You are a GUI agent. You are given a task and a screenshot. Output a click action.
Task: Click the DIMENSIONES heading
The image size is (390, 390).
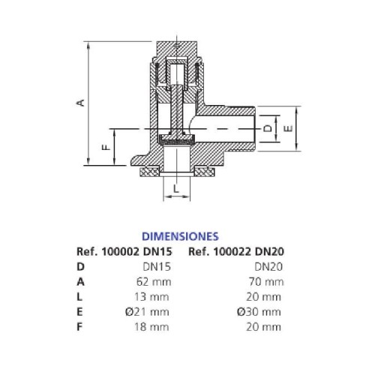180,236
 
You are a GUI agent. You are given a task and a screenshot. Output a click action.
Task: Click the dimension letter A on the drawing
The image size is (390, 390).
80,103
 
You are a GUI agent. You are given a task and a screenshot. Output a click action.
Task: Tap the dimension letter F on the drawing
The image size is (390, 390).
106,147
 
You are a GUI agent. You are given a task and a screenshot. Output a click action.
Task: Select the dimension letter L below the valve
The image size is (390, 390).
176,188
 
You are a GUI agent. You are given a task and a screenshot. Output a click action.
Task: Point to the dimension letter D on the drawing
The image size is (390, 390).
268,128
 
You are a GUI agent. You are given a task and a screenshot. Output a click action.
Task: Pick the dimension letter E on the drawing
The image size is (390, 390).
289,128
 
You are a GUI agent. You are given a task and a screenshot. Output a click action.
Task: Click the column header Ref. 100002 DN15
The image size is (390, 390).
124,251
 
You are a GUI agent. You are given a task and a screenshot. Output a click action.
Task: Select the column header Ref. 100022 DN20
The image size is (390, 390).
236,251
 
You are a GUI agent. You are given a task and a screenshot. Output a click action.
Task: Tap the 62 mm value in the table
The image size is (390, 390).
154,282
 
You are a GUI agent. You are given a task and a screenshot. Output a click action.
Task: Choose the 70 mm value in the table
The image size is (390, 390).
266,282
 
